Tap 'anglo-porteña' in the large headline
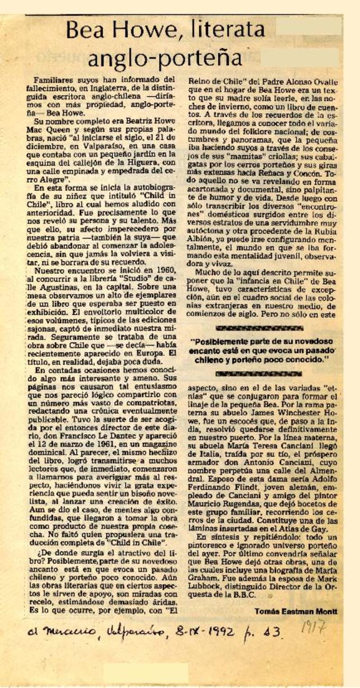click(x=165, y=57)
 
